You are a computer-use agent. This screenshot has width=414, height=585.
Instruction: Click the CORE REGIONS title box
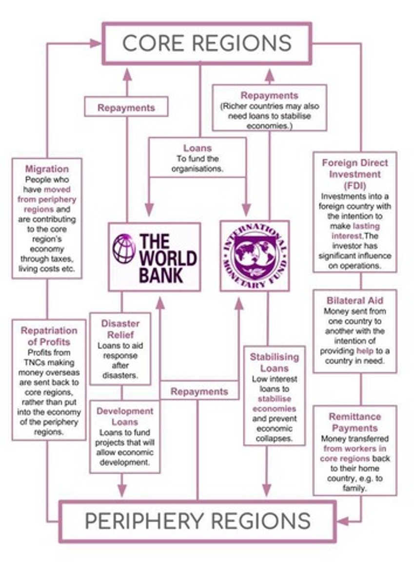206,43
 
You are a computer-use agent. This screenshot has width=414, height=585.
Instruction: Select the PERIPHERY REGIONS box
197,521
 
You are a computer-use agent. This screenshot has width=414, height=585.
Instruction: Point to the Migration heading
47,169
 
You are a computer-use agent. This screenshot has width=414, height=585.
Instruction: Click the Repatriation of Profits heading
49,336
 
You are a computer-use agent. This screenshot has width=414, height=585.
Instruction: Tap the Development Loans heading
125,416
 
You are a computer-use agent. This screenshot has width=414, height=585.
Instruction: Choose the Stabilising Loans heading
275,362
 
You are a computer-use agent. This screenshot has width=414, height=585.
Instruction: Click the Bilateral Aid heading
355,300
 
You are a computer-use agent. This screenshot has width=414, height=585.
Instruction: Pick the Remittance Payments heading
355,422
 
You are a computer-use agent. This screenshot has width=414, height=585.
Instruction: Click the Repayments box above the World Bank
126,107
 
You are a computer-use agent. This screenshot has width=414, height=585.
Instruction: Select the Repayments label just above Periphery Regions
199,391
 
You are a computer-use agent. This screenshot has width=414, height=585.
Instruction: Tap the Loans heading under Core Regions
197,148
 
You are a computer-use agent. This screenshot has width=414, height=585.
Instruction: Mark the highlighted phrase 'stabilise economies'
274,404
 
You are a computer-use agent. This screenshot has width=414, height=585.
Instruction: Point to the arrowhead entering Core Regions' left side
97,43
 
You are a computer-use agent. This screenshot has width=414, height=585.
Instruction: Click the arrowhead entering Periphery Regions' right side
343,521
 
